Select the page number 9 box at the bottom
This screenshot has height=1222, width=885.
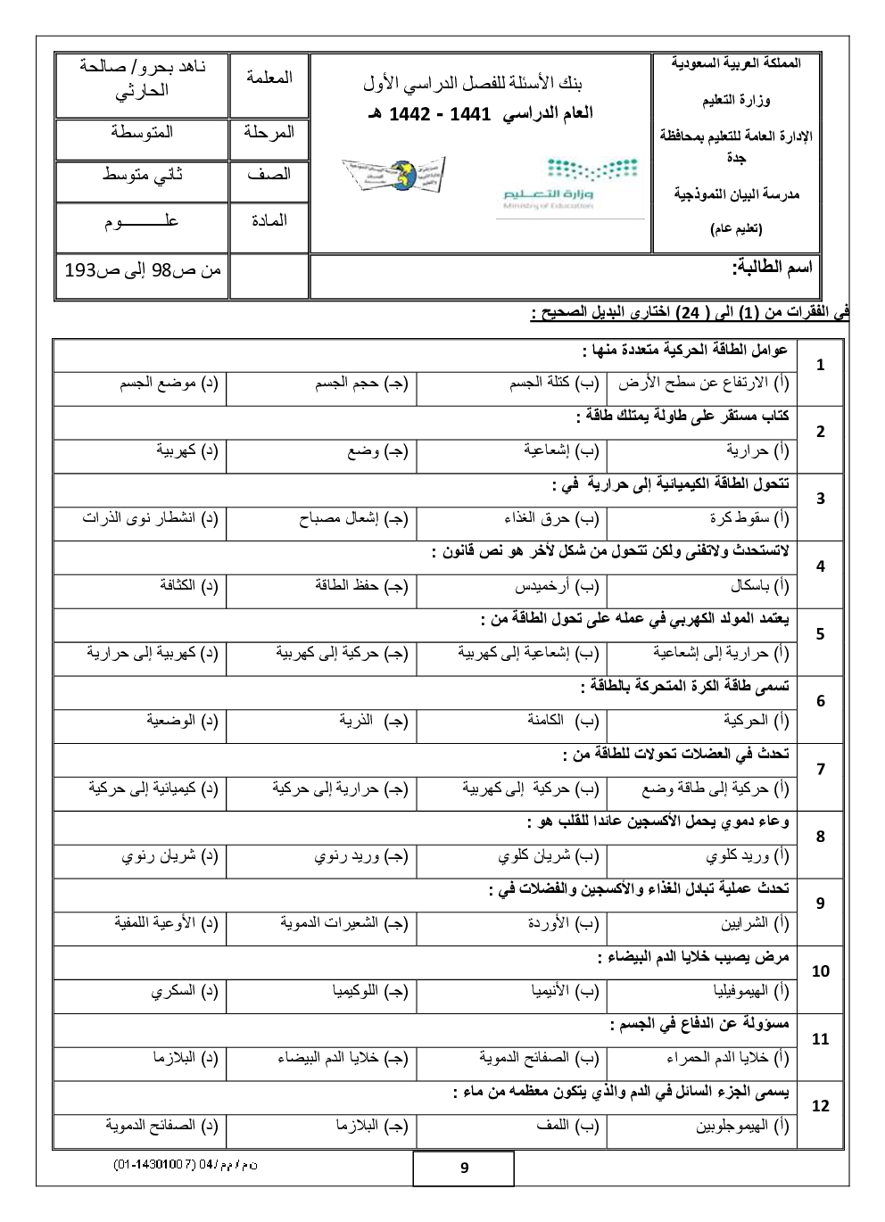click(464, 1168)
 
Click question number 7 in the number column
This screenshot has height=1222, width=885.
click(821, 769)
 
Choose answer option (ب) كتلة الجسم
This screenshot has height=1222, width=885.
click(554, 384)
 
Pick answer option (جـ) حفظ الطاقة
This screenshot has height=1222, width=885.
click(361, 586)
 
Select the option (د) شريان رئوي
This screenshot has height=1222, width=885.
click(170, 856)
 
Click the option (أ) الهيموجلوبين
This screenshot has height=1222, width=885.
click(742, 1127)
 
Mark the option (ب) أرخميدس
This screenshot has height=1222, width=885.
click(557, 586)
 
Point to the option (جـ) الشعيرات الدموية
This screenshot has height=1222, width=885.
click(344, 923)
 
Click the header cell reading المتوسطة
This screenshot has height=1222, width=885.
click(142, 133)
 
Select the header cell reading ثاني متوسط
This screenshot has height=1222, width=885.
click(142, 176)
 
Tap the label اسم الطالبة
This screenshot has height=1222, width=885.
click(772, 267)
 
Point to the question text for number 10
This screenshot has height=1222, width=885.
click(693, 957)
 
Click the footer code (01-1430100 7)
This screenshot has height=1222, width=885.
click(186, 1165)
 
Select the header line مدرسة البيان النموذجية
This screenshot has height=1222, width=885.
click(736, 194)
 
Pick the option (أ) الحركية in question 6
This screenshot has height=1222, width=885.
click(757, 721)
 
